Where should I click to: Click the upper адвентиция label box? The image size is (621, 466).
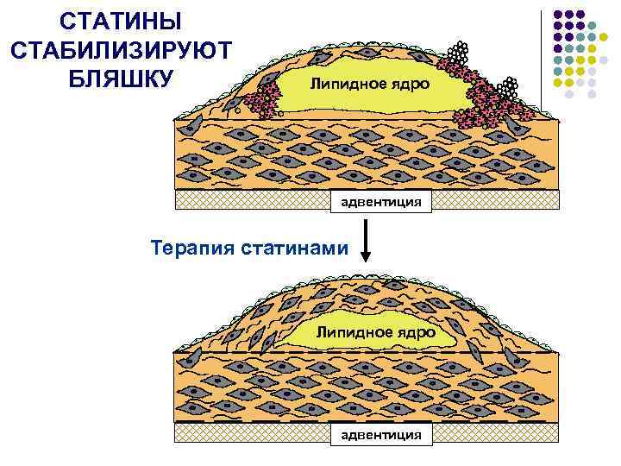381,201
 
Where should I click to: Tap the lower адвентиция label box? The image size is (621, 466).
381,434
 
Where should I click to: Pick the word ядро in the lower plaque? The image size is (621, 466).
412,332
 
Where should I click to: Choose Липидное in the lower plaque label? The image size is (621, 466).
352,332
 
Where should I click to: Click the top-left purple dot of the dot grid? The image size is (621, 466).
557,16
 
